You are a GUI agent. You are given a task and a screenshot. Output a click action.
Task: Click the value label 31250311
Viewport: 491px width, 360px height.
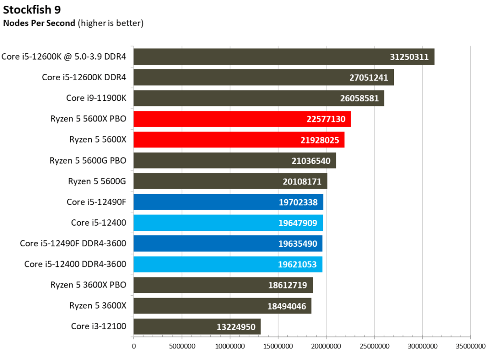pyautogui.click(x=409, y=57)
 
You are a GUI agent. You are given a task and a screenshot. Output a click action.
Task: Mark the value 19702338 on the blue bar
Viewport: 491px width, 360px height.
pyautogui.click(x=298, y=202)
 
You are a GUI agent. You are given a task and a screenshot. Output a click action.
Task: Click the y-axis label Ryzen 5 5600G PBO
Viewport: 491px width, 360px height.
pyautogui.click(x=88, y=160)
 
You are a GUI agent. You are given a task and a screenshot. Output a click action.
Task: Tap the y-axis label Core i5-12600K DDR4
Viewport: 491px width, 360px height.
pyautogui.click(x=84, y=77)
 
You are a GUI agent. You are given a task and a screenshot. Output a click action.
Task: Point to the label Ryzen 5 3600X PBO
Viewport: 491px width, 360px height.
pyautogui.click(x=88, y=285)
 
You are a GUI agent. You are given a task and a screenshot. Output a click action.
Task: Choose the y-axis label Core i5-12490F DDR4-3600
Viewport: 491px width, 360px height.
pyautogui.click(x=73, y=243)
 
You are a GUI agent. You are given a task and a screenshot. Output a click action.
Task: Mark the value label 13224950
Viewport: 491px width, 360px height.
pyautogui.click(x=235, y=326)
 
